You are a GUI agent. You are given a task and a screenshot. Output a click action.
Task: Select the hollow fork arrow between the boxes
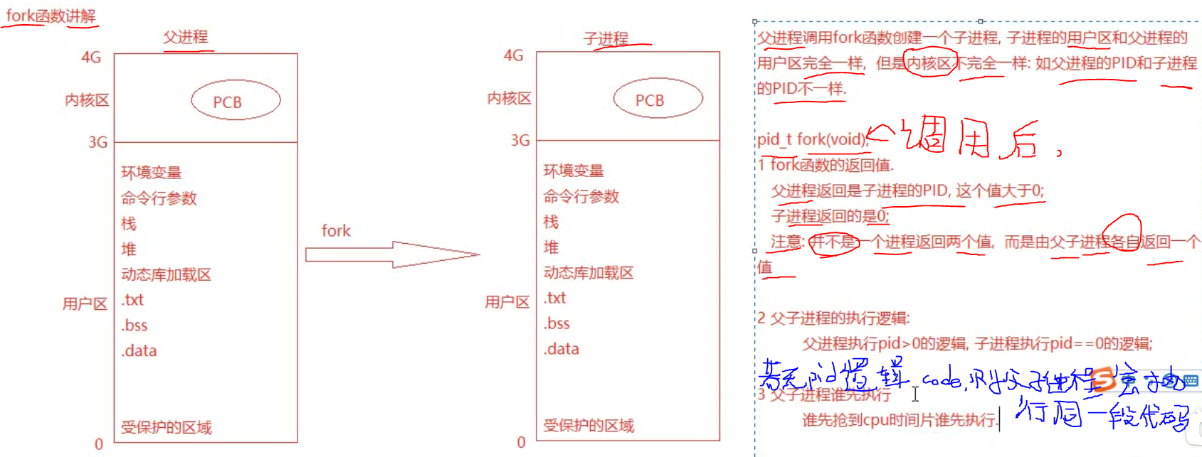tap(391, 254)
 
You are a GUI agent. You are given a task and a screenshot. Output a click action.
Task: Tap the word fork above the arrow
tap(336, 231)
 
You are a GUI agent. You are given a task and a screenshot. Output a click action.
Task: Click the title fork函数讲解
tap(51, 16)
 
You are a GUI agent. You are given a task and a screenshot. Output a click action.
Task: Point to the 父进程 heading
tap(186, 37)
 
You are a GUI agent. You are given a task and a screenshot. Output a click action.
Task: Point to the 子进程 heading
tap(606, 38)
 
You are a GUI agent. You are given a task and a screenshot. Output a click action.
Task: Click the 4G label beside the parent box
tap(91, 58)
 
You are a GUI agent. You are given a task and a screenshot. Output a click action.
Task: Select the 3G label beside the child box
tap(520, 140)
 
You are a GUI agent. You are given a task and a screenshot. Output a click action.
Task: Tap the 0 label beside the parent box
tap(99, 444)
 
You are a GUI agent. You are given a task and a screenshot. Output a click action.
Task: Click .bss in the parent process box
tap(135, 326)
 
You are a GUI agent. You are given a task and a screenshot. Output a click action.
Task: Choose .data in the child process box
tap(562, 349)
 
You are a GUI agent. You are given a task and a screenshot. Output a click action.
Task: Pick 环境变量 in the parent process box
tap(152, 173)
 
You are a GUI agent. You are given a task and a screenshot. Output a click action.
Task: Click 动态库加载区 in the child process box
tap(589, 273)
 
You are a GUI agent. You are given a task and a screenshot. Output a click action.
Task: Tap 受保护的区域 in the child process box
tap(589, 426)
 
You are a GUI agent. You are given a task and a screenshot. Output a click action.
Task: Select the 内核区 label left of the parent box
tap(87, 100)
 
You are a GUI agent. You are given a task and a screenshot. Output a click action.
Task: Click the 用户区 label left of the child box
tap(507, 302)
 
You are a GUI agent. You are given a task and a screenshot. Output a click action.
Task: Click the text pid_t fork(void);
tap(812, 139)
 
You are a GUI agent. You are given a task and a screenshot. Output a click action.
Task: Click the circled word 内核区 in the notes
tap(929, 63)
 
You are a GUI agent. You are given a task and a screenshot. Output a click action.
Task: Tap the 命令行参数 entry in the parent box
tap(159, 198)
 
